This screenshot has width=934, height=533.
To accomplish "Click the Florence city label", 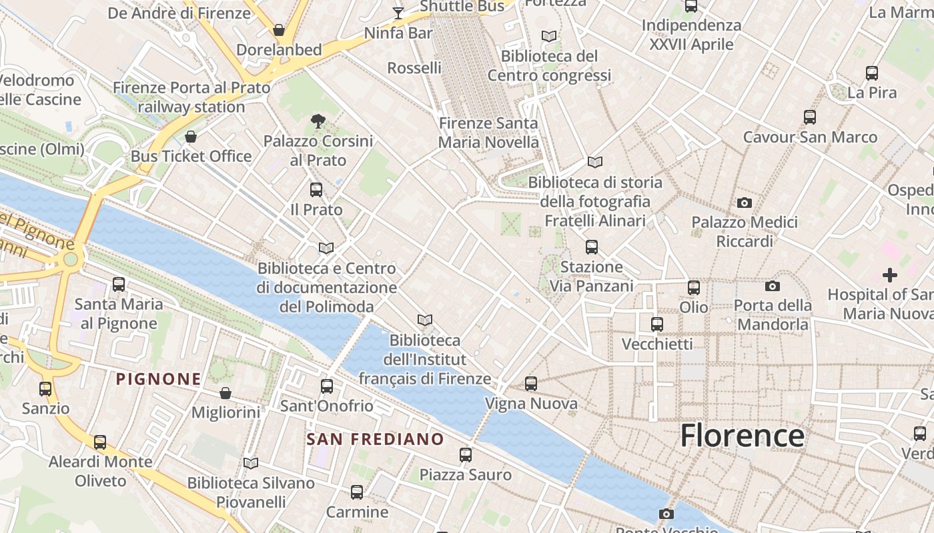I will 742,436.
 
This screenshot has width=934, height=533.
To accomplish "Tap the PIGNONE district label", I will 158,379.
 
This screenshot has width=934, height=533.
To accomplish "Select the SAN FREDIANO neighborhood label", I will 375,439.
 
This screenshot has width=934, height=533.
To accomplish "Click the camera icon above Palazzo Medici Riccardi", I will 745,203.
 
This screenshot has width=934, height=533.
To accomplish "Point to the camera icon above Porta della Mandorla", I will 773,286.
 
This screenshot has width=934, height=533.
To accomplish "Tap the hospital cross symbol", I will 889,274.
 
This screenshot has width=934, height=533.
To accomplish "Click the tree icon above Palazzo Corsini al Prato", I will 318,121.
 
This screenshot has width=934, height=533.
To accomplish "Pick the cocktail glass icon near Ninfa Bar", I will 398,13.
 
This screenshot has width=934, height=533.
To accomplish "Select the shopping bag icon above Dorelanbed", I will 279,30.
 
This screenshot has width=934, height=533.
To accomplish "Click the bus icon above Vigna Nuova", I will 531,384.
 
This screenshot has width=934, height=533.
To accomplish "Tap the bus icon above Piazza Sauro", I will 466,455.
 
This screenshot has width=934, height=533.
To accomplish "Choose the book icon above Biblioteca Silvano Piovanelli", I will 251,463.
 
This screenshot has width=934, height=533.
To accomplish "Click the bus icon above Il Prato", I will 316,190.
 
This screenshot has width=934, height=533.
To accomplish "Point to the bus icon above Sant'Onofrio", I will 327,386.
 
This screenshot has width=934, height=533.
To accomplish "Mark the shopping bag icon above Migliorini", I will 225,393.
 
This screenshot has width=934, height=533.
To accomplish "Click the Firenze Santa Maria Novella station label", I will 488,133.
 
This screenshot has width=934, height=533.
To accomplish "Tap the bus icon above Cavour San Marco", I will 810,117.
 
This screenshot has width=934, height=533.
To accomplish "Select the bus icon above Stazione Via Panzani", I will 591,247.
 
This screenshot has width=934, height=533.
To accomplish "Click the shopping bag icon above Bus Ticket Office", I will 191,137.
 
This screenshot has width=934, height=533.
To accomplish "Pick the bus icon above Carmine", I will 357,492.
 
